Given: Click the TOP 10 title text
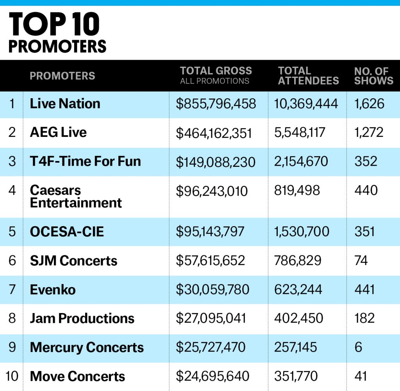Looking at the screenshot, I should pyautogui.click(x=54, y=25).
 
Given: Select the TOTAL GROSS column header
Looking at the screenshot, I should pyautogui.click(x=216, y=71).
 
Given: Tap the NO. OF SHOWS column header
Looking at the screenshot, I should pyautogui.click(x=373, y=76).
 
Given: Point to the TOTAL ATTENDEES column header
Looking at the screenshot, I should pyautogui.click(x=308, y=76).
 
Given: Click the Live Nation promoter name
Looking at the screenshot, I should pyautogui.click(x=65, y=104).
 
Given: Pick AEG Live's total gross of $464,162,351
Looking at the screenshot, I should pyautogui.click(x=214, y=133).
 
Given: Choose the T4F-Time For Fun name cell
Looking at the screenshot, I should pyautogui.click(x=85, y=161).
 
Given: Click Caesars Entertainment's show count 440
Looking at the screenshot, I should pyautogui.click(x=366, y=191).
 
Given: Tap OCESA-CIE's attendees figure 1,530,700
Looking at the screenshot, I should pyautogui.click(x=302, y=232).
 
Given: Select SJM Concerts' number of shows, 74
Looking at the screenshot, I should pyautogui.click(x=361, y=260).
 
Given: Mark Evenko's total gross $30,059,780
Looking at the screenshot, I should pyautogui.click(x=212, y=290).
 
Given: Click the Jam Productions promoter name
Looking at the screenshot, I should pyautogui.click(x=82, y=318).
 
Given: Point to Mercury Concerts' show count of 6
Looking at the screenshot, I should pyautogui.click(x=358, y=347).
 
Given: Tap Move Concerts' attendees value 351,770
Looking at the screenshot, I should pyautogui.click(x=296, y=376).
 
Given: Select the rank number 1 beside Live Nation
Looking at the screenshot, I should pyautogui.click(x=12, y=104).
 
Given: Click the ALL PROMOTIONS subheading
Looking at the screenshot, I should pyautogui.click(x=214, y=81).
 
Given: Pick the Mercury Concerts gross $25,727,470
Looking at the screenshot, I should pyautogui.click(x=211, y=347).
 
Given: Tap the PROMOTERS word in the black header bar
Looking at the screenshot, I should pyautogui.click(x=62, y=76).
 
